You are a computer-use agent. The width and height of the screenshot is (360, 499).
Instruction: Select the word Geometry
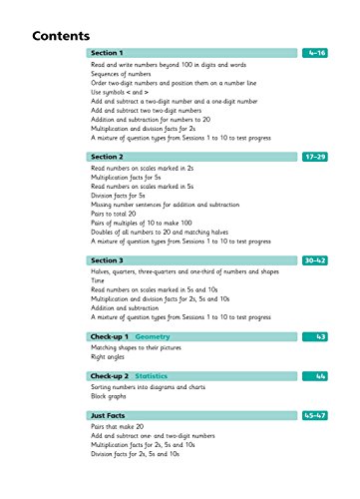(154, 338)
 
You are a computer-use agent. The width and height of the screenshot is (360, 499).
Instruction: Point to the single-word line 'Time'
(98, 282)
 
